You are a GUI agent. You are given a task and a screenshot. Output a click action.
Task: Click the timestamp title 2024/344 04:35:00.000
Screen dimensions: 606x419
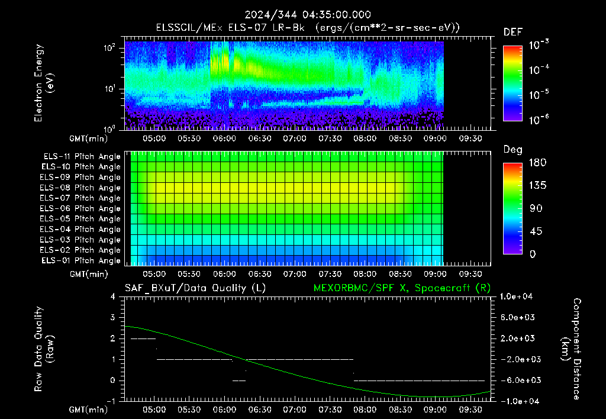(x=308, y=15)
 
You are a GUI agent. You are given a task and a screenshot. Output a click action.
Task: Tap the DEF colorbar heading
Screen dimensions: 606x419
(x=513, y=32)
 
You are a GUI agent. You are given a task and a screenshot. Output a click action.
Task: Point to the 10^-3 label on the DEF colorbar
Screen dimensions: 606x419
(x=539, y=45)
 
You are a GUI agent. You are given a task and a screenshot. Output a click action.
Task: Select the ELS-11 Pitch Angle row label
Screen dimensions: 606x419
(x=82, y=157)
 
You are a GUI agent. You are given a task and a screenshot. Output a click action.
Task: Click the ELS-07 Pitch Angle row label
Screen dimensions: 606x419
(x=80, y=198)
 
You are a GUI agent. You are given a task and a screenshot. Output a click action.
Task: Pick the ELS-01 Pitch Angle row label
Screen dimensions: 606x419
(x=81, y=261)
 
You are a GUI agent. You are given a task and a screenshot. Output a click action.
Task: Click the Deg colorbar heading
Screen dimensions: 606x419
(x=513, y=150)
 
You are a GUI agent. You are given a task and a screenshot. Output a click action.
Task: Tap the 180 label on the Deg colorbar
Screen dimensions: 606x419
(x=537, y=162)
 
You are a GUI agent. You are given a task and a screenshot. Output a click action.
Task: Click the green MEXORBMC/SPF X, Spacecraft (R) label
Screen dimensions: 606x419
(x=402, y=288)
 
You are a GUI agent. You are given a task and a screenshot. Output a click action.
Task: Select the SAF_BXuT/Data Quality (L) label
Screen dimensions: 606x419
(x=195, y=288)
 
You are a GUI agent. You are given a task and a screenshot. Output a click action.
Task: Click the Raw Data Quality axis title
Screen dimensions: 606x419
(x=44, y=349)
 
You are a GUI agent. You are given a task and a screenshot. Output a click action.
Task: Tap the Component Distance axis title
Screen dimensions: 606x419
(x=571, y=349)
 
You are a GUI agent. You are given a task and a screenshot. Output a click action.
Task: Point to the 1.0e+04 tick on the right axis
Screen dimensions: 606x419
(x=516, y=296)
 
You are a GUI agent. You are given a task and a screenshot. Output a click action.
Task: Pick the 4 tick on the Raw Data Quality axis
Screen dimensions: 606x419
(x=113, y=296)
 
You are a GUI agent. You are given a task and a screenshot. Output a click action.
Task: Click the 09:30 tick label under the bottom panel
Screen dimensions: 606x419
(x=470, y=410)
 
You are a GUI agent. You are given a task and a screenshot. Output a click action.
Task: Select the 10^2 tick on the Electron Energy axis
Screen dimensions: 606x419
(x=109, y=48)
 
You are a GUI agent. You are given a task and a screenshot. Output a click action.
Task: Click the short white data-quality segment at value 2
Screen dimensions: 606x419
(x=143, y=339)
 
